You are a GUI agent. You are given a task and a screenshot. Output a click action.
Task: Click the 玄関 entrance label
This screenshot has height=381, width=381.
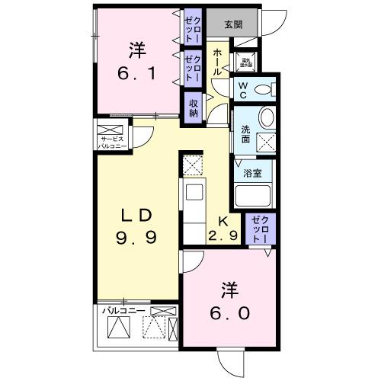[232, 24]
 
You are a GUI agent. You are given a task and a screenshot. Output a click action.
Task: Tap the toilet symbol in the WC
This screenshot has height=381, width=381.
[263, 90]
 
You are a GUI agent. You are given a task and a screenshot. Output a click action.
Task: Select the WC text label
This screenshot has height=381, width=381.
[242, 89]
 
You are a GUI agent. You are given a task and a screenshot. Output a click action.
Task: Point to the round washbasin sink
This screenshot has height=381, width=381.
[267, 117]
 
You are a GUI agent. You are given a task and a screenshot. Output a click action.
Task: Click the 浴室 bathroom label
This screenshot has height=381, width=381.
[251, 173]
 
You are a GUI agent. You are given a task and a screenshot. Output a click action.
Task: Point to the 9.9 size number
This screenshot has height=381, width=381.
[137, 238]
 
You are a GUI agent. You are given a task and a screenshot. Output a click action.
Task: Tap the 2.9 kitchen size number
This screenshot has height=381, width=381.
[225, 235]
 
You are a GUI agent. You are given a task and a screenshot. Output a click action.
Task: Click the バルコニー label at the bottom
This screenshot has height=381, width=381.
[123, 311]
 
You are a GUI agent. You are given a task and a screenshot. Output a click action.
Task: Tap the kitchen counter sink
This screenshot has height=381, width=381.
[192, 192]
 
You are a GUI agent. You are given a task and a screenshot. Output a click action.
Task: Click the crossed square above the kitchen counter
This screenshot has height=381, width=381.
[192, 165]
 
